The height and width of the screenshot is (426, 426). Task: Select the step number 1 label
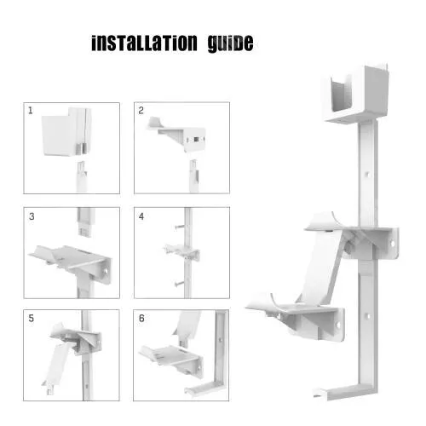[31, 111]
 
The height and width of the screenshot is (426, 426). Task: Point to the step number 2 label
[142, 111]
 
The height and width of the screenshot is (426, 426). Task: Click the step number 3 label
[31, 216]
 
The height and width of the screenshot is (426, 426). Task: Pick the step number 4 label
[142, 216]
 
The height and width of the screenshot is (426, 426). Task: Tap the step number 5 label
[31, 319]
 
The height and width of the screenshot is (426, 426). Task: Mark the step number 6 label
[142, 319]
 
